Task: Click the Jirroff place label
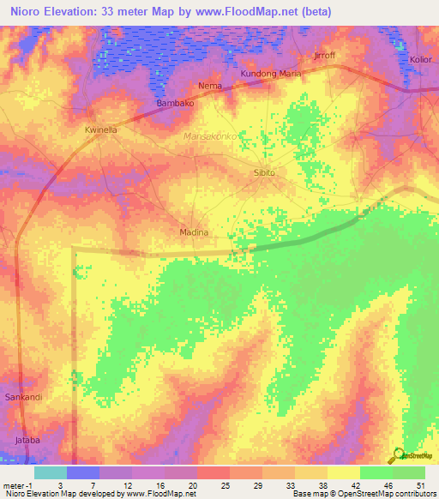pyautogui.click(x=324, y=55)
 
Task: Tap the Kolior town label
pyautogui.click(x=420, y=60)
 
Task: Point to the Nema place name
pyautogui.click(x=210, y=87)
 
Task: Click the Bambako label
pyautogui.click(x=175, y=104)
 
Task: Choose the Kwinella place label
pyautogui.click(x=100, y=129)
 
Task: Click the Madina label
pyautogui.click(x=194, y=232)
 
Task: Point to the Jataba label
pyautogui.click(x=27, y=441)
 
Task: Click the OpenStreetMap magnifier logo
pyautogui.click(x=399, y=455)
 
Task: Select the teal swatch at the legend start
pyautogui.click(x=50, y=472)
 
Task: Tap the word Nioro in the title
pyautogui.click(x=30, y=12)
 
